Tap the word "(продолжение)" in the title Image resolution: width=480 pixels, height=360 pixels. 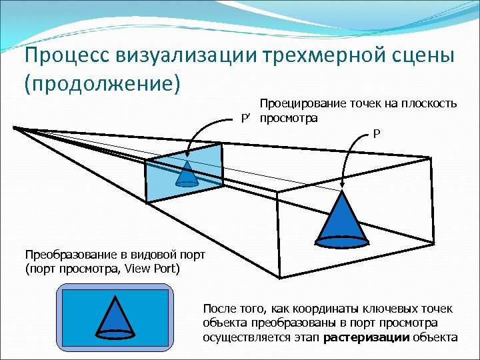tap(103, 85)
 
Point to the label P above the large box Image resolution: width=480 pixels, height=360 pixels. tap(377, 134)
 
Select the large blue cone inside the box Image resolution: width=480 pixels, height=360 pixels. tap(343, 217)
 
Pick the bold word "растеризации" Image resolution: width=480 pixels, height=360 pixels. tap(365, 337)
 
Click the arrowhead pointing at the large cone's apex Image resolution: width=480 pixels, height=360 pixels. tap(342, 189)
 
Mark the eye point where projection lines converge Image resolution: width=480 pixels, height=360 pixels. tap(15, 127)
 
